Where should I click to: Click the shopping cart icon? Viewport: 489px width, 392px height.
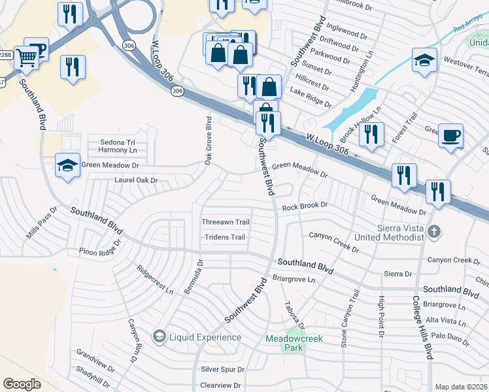[x=25, y=57]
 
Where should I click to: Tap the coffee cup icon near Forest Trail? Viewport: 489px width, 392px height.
[x=450, y=137]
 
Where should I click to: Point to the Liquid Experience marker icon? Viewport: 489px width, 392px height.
[x=158, y=336]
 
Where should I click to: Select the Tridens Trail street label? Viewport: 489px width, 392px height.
[x=225, y=237]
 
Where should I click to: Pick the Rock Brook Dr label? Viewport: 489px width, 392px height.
[x=304, y=207]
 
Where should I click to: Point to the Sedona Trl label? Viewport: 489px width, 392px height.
[x=117, y=142]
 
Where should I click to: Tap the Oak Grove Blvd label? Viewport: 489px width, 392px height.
[x=209, y=140]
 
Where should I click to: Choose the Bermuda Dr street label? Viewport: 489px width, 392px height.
[x=194, y=276]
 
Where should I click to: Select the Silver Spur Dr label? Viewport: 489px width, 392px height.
[x=222, y=370]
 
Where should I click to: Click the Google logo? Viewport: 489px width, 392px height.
[x=22, y=384]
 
